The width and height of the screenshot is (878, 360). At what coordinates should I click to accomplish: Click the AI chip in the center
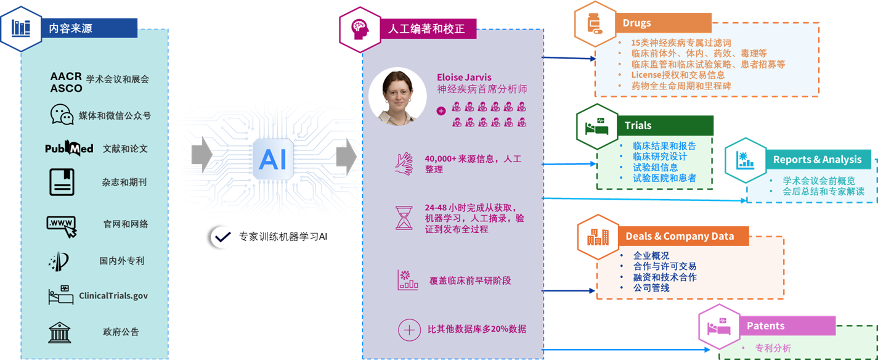click(272, 159)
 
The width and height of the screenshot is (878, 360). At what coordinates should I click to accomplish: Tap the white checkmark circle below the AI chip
click(222, 237)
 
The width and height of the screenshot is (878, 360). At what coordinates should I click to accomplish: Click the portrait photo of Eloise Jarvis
click(397, 97)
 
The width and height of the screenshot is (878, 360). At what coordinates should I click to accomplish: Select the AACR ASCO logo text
click(66, 82)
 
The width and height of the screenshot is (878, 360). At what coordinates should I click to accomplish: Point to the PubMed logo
click(69, 149)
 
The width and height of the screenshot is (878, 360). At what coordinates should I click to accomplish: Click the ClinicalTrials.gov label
click(113, 296)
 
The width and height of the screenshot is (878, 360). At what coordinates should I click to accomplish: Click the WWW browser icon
click(62, 225)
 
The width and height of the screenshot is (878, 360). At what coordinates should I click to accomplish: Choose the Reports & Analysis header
click(817, 159)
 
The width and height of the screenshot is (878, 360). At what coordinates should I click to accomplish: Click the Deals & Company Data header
click(680, 236)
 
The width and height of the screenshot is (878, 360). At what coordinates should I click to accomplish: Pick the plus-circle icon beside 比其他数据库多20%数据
click(409, 329)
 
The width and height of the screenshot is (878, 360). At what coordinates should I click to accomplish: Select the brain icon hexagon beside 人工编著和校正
click(359, 28)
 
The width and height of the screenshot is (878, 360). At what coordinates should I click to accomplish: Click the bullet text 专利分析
click(773, 348)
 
